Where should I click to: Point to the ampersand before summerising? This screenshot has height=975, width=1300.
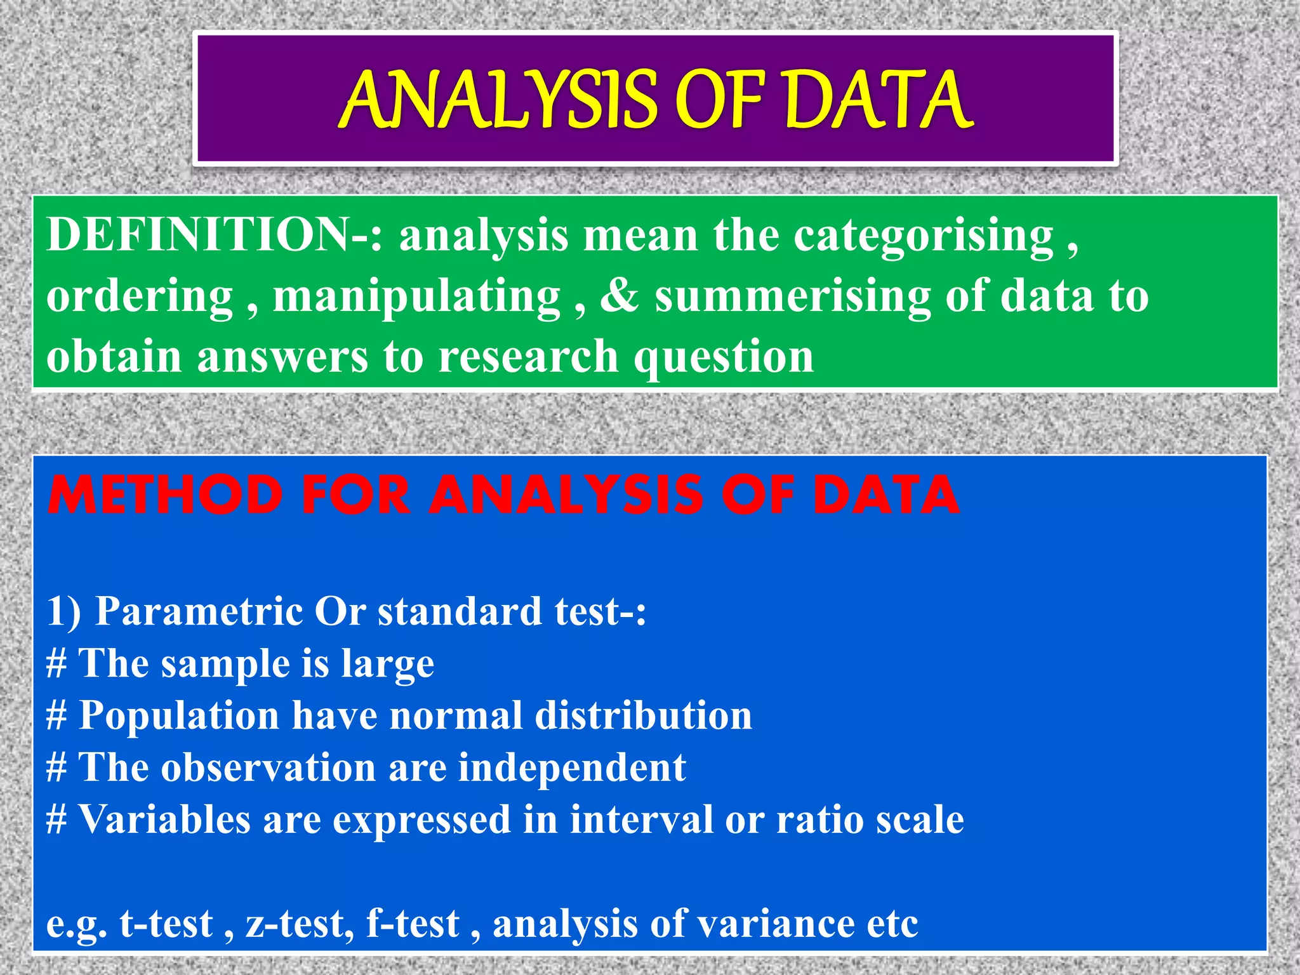(619, 296)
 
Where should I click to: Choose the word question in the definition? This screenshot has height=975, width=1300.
(724, 357)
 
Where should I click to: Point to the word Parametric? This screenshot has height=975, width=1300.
(199, 611)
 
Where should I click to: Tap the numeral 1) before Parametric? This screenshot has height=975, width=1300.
(63, 611)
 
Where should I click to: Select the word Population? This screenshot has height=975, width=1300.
(179, 716)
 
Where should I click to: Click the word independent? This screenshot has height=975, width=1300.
(572, 767)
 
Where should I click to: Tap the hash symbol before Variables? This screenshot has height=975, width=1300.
(56, 819)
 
